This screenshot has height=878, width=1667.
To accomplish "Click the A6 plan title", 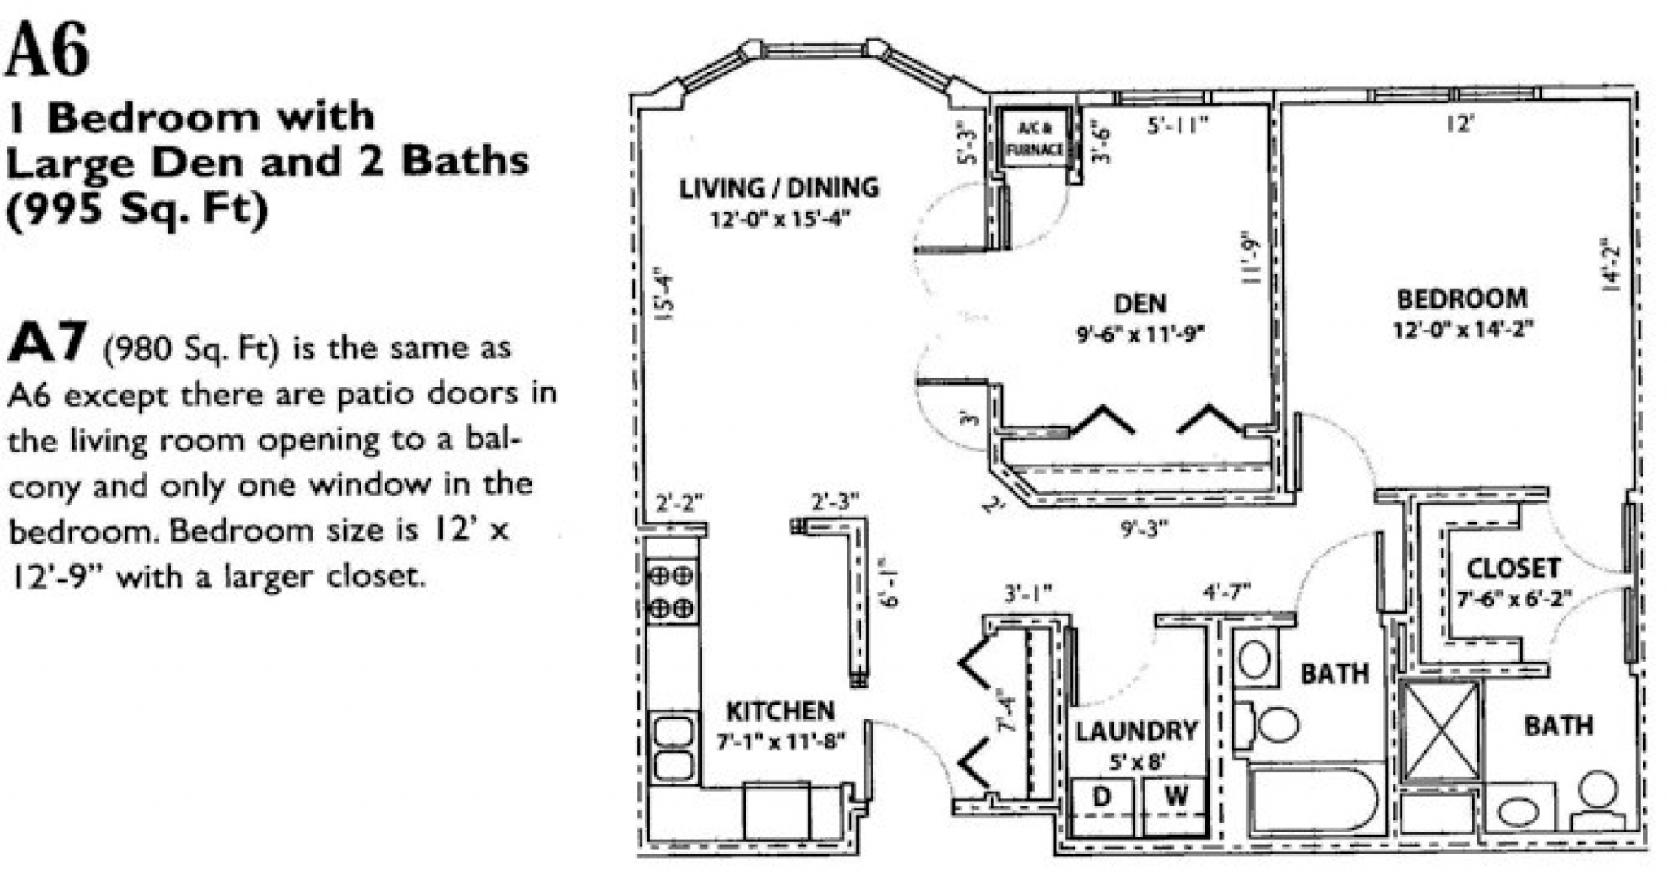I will (x=47, y=50).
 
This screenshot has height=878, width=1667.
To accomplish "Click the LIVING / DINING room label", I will (x=779, y=189).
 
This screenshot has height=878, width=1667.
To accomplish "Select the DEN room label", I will (x=1140, y=304).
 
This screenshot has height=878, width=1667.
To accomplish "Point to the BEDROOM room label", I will (x=1462, y=299).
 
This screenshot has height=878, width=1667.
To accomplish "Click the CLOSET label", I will (x=1513, y=568).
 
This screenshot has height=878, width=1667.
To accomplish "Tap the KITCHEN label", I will (x=780, y=711).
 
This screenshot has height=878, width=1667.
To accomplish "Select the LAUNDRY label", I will (x=1136, y=732).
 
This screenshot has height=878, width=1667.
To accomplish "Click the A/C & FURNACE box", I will (x=1035, y=139).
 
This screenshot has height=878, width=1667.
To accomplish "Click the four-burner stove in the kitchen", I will (x=672, y=591).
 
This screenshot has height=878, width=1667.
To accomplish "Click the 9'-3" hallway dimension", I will (x=1144, y=529).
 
